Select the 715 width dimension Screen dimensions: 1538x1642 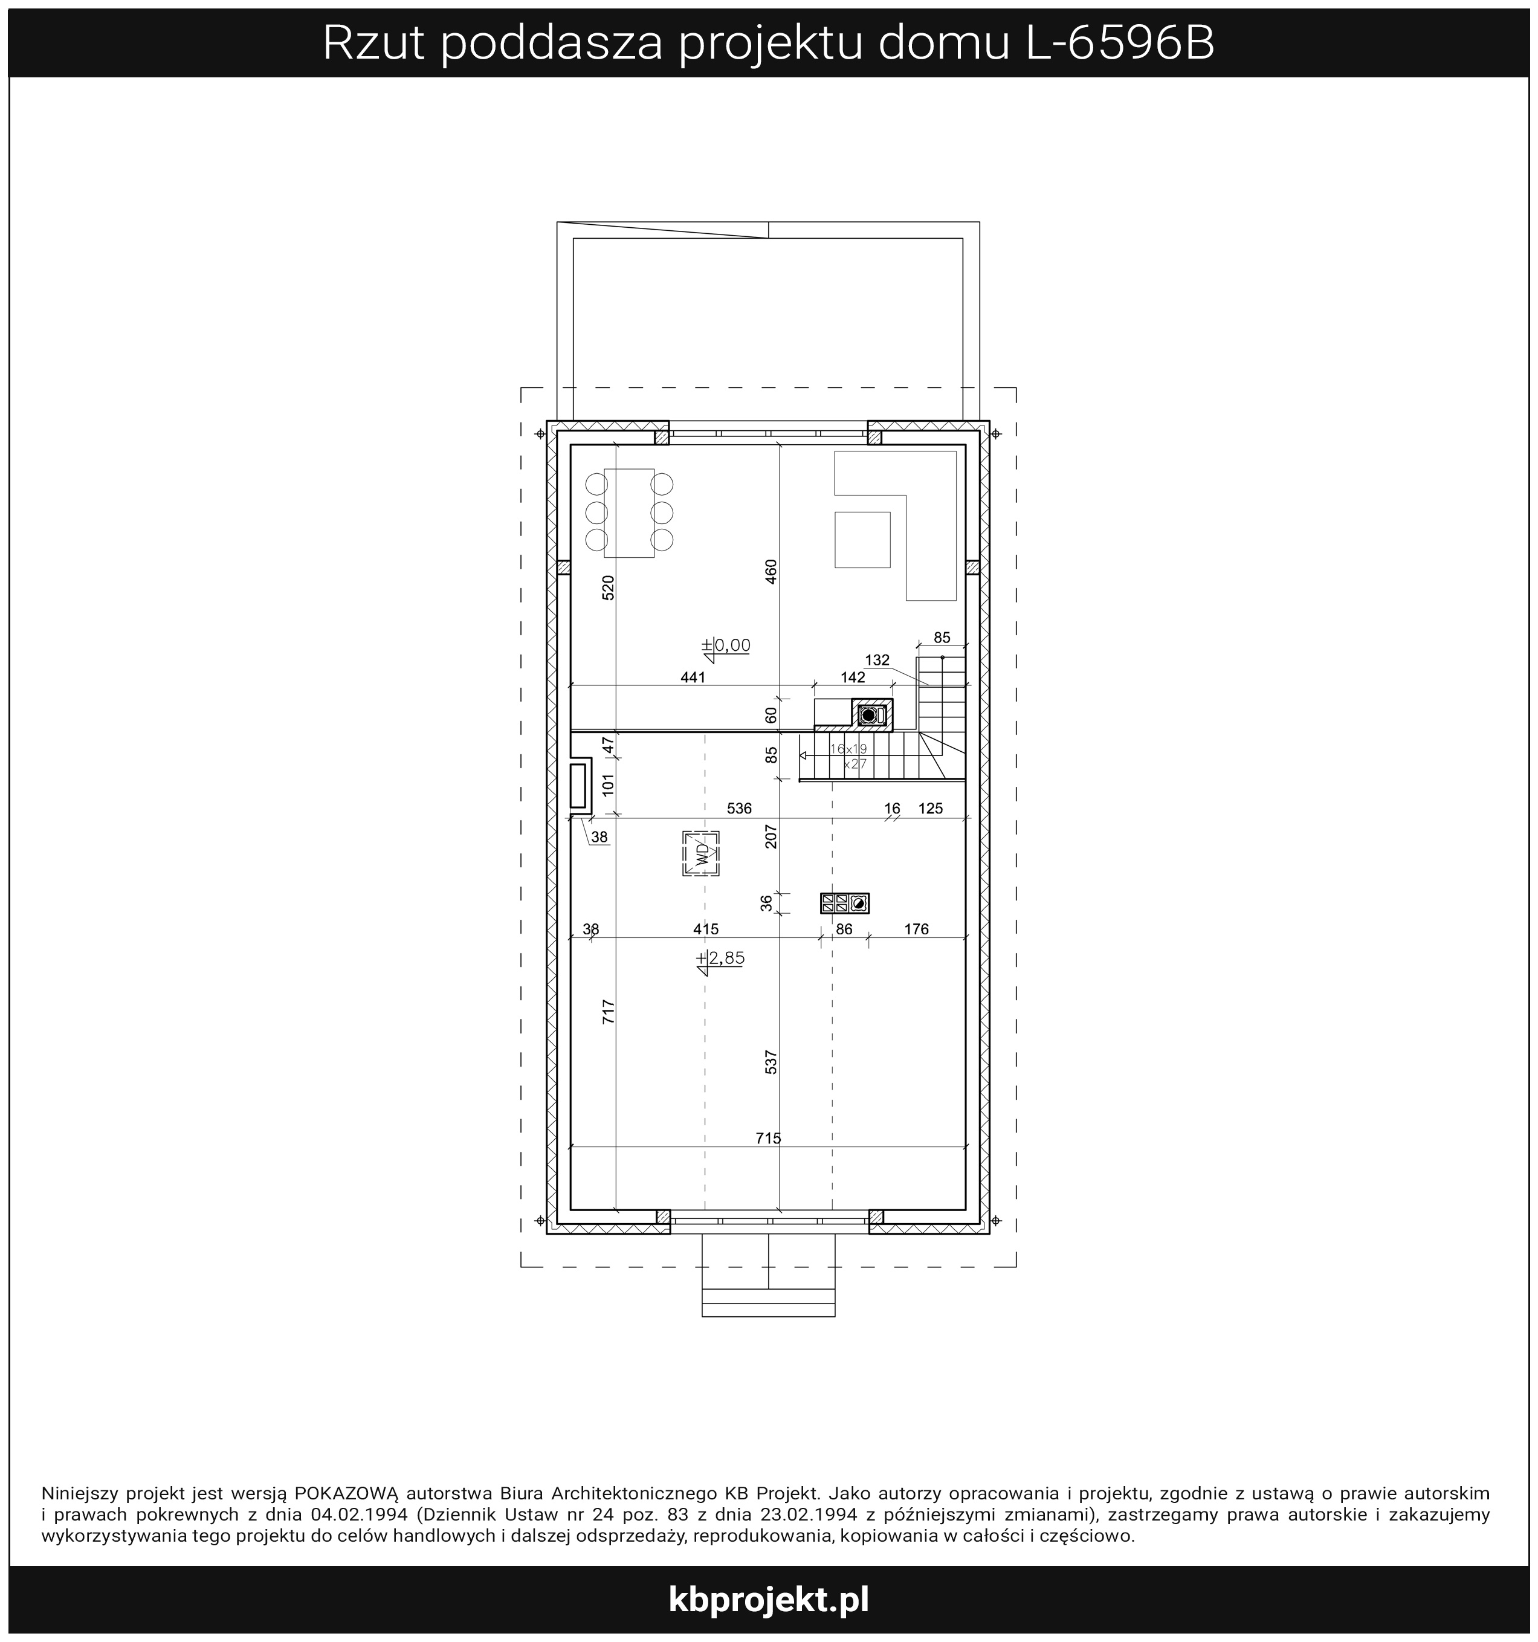[768, 1138]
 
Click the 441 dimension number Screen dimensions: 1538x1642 [693, 677]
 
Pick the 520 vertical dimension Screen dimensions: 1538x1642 [608, 587]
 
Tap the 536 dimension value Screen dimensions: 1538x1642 [739, 809]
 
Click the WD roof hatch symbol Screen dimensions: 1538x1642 [701, 853]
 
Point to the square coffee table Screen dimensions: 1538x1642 [862, 539]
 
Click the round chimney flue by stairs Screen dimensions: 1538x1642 [867, 714]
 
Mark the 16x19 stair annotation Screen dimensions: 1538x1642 [849, 748]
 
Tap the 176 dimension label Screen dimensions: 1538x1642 [917, 929]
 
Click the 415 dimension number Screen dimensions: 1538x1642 [706, 929]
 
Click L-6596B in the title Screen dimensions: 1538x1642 [1120, 43]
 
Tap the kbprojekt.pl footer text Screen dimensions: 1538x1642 [769, 1600]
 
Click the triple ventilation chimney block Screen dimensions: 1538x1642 [844, 903]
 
